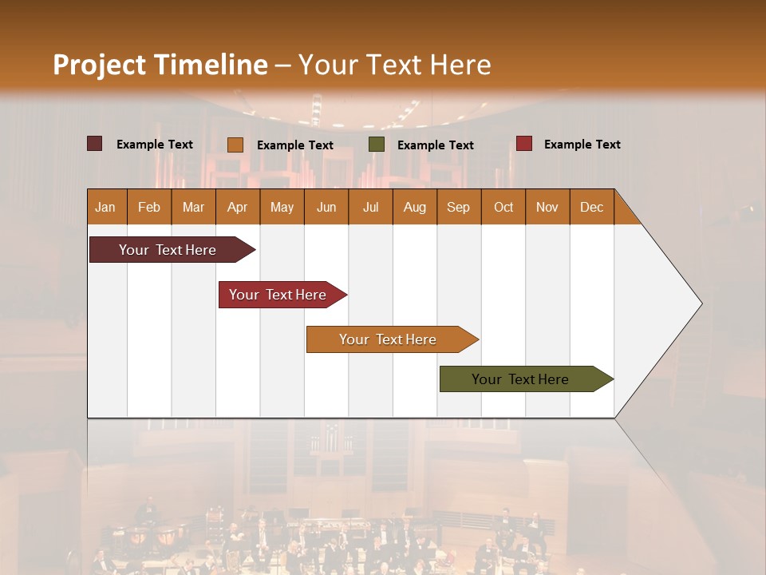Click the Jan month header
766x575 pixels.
pyautogui.click(x=106, y=207)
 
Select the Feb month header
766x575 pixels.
pyautogui.click(x=149, y=207)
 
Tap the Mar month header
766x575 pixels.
pyautogui.click(x=193, y=207)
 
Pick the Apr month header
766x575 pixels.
pyautogui.click(x=238, y=207)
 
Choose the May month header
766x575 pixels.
pyautogui.click(x=282, y=207)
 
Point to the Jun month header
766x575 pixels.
pyautogui.click(x=326, y=207)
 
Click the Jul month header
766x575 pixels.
pyautogui.click(x=370, y=207)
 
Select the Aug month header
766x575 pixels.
pyautogui.click(x=415, y=207)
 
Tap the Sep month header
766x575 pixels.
pyautogui.click(x=459, y=207)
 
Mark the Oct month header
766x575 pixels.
pyautogui.click(x=503, y=207)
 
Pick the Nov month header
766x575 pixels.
pyautogui.click(x=547, y=207)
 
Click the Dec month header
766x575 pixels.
pyautogui.click(x=592, y=207)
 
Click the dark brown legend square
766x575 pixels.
pyautogui.click(x=94, y=144)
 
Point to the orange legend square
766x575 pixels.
pyautogui.click(x=235, y=145)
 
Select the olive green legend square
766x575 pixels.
pyautogui.click(x=377, y=145)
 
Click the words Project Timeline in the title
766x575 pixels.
pyautogui.click(x=160, y=65)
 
